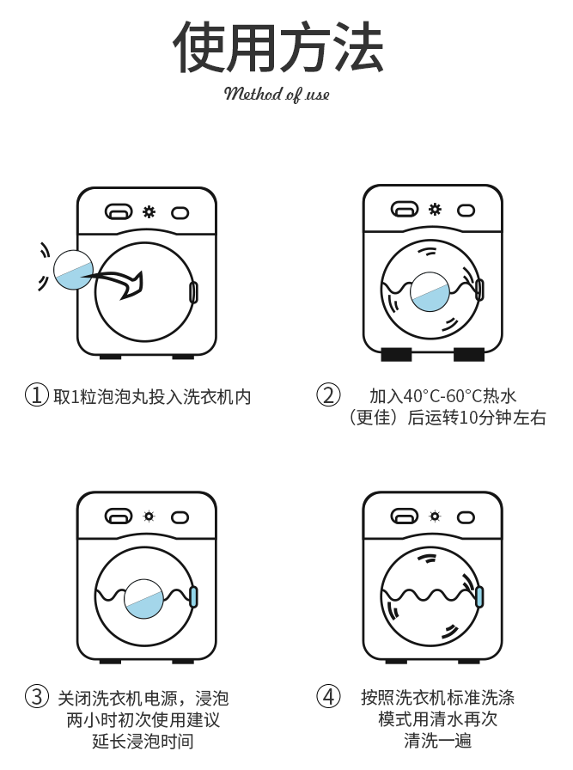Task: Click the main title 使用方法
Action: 277,46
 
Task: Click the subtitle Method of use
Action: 277,94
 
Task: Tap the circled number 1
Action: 35,395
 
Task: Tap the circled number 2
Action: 328,395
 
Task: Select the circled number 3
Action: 35,696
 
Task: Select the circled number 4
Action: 328,696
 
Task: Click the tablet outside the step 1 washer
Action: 73,270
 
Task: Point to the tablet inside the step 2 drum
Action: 430,291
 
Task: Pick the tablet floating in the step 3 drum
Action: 144,597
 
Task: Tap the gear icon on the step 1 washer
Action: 149,211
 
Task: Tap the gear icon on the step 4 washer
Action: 435,516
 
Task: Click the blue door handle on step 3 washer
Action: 194,596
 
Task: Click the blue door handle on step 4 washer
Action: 479,596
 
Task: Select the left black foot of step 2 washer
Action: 397,354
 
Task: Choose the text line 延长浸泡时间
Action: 143,741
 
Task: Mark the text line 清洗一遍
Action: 437,741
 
